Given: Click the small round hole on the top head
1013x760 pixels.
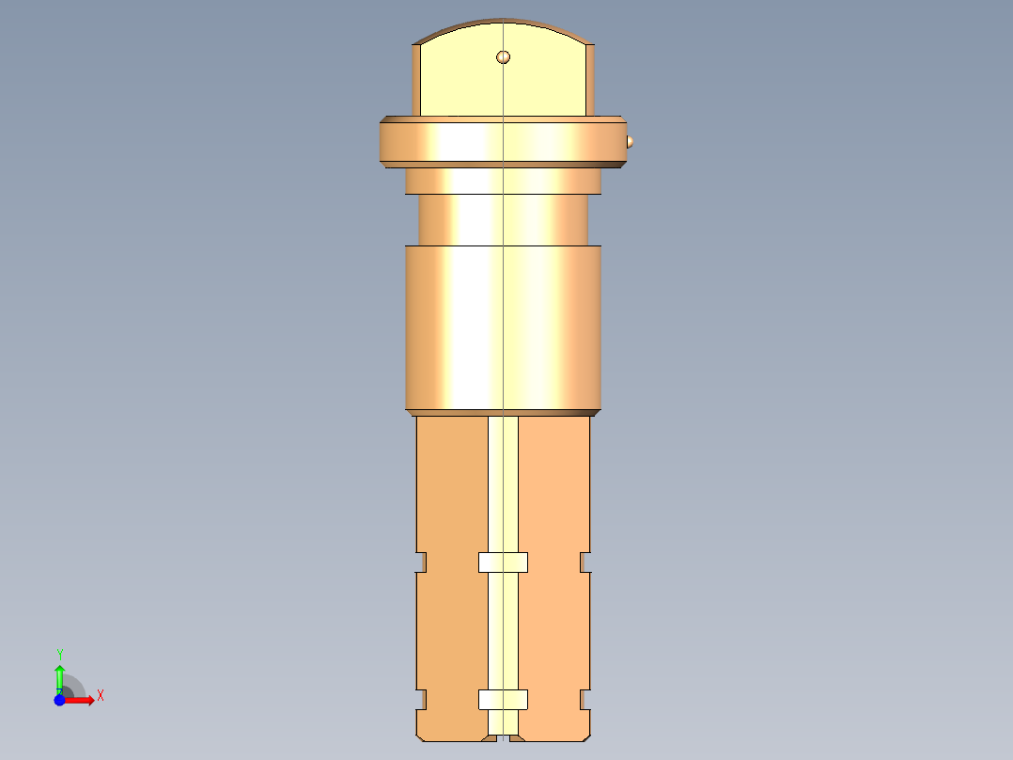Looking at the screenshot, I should (x=504, y=57).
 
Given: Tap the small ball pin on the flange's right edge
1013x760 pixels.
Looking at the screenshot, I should (x=630, y=142).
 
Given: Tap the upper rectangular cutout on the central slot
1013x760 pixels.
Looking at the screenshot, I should (x=503, y=562).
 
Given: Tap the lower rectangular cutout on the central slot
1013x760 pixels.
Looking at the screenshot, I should (x=503, y=700).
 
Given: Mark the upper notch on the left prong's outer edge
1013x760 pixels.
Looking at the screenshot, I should (x=421, y=562).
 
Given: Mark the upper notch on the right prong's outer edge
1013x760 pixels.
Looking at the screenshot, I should (x=585, y=562).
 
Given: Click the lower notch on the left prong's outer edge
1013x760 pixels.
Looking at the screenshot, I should (x=421, y=699).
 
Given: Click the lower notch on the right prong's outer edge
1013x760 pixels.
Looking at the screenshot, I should (x=585, y=699).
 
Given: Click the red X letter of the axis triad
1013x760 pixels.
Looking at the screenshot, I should (x=100, y=696).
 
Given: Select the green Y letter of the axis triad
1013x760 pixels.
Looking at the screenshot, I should (x=59, y=654).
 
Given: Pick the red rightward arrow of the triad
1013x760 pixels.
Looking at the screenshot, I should (x=81, y=700).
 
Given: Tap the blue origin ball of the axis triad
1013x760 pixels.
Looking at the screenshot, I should (x=59, y=701).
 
